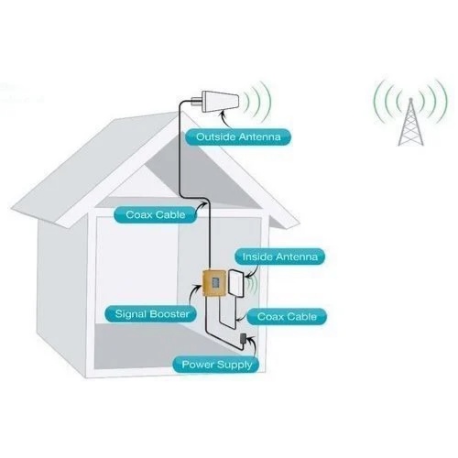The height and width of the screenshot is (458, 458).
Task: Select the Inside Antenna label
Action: click(278, 257)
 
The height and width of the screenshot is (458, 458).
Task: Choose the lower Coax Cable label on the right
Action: click(286, 316)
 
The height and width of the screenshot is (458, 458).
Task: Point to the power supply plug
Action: click(241, 340)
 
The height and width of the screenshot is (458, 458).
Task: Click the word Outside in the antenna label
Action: click(213, 137)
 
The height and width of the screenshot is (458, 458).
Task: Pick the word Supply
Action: click(235, 365)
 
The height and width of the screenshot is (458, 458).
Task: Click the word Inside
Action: click(257, 257)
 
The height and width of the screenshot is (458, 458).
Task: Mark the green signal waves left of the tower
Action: click(382, 101)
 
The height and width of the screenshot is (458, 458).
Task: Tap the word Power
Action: click(198, 365)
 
